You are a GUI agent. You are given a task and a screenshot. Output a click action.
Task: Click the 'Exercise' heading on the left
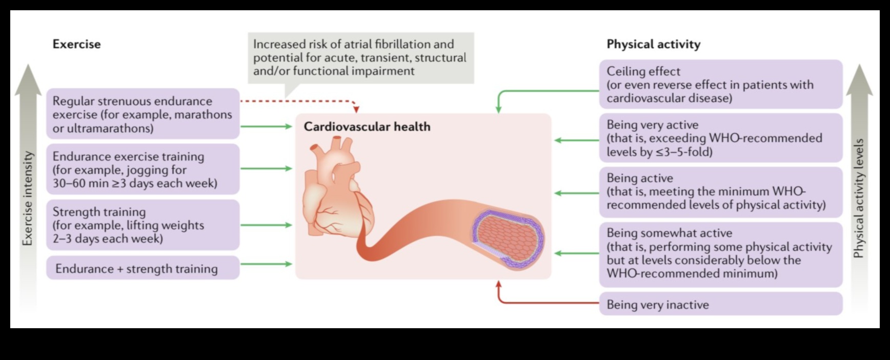tap(76, 44)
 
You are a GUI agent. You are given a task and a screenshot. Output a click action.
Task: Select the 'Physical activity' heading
tap(653, 44)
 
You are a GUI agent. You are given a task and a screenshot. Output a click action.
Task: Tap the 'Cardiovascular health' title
tap(367, 127)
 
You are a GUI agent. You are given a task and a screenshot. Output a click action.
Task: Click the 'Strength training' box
tap(143, 225)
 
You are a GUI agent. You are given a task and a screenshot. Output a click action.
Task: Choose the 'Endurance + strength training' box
tap(143, 268)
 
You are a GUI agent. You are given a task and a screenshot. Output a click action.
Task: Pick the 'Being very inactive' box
tap(720, 304)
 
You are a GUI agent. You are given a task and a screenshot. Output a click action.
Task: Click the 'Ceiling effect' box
tap(720, 85)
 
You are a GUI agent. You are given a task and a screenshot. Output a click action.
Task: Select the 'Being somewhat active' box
tap(720, 253)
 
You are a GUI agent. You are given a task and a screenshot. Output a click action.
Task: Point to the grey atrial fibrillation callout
tap(360, 57)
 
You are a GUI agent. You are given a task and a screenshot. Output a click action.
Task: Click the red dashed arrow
tap(297, 101)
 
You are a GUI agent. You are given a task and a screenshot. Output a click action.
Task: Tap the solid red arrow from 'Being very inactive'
tap(543, 303)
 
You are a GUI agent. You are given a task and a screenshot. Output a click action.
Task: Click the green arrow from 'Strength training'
tap(266, 225)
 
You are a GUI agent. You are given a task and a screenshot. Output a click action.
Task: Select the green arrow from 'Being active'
tap(577, 193)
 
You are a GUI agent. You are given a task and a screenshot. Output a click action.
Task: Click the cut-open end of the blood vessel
tap(508, 238)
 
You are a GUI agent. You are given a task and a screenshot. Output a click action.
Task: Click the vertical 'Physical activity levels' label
tap(859, 198)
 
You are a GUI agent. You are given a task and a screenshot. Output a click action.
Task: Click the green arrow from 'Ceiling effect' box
tap(543, 91)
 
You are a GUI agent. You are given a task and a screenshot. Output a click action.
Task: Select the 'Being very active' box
tap(720, 138)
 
